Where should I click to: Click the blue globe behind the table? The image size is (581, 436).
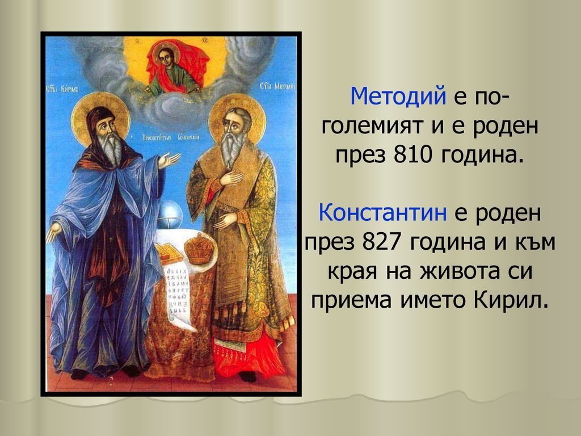pos(171,216)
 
